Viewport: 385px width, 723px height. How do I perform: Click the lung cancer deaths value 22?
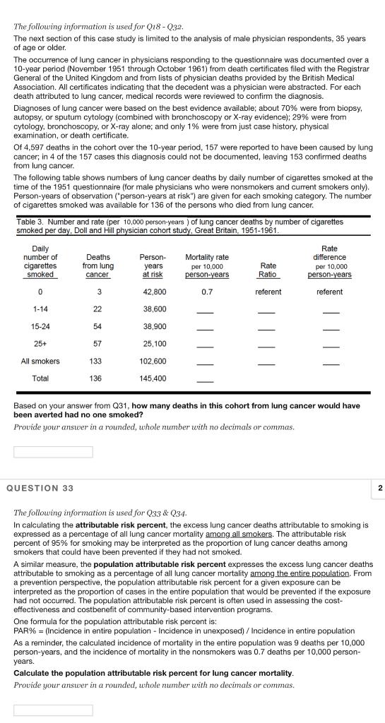click(97, 309)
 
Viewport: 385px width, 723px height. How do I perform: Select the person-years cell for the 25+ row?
click(154, 344)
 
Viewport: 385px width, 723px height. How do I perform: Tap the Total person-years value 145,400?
click(154, 378)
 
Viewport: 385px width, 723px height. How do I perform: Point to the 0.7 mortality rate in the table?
click(207, 292)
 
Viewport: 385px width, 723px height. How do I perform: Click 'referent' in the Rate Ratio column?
click(268, 292)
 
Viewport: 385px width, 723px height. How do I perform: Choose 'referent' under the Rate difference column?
click(329, 292)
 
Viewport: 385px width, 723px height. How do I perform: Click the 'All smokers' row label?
click(40, 361)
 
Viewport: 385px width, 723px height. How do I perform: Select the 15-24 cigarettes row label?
click(40, 326)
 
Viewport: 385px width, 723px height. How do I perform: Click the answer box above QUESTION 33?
click(53, 452)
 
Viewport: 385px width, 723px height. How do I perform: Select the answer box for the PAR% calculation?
click(53, 710)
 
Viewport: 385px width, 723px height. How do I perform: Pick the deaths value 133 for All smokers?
click(97, 361)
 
